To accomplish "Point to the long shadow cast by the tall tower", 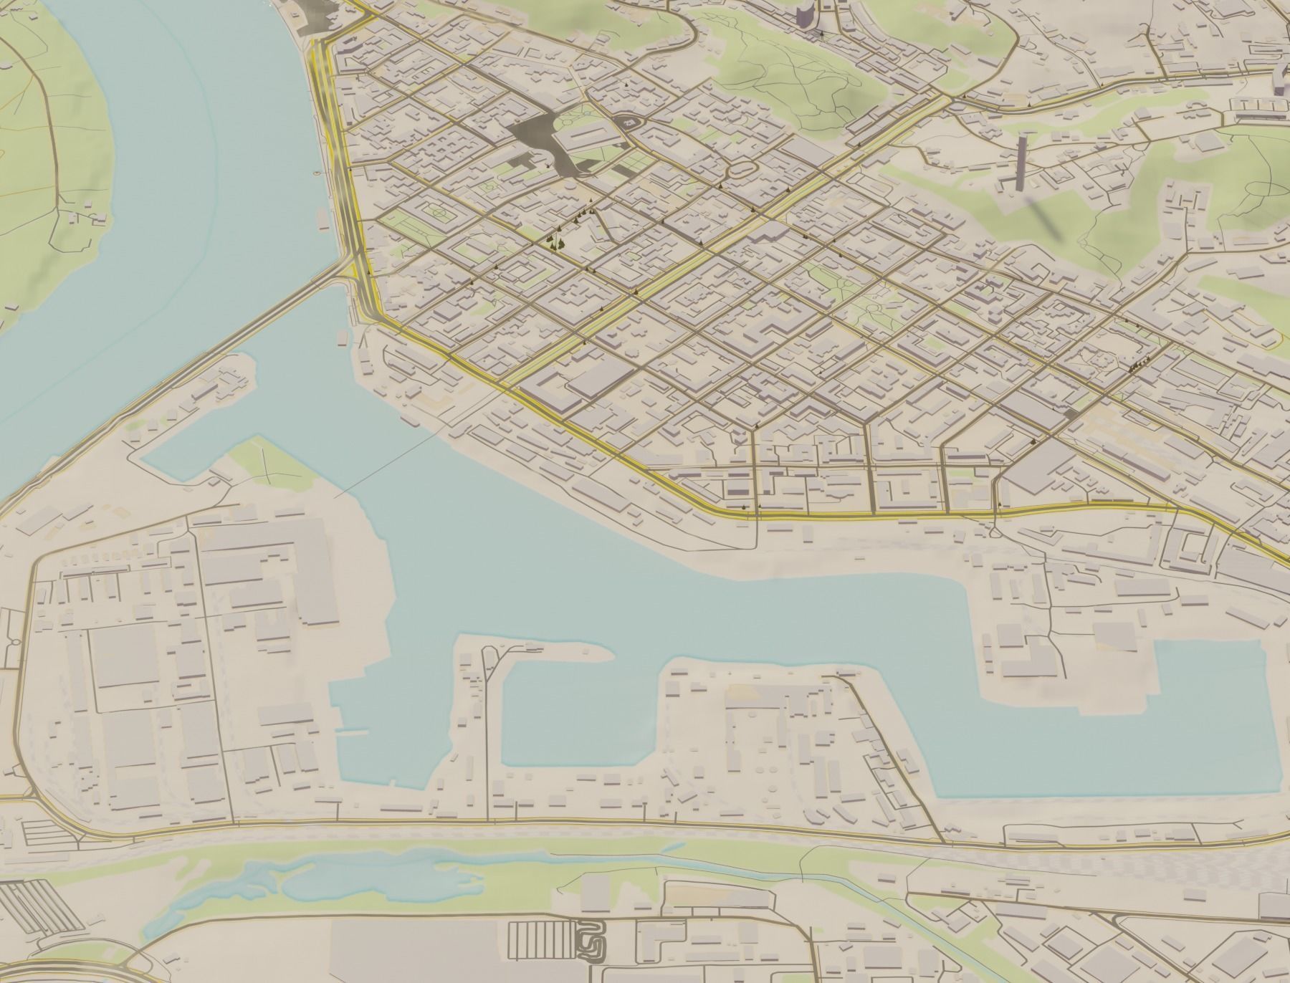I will click(1046, 219).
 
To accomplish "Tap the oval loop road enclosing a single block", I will click(743, 170).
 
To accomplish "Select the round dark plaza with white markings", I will click(629, 123).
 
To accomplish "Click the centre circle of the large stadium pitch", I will click(437, 212).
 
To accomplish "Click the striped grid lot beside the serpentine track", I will click(541, 939).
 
